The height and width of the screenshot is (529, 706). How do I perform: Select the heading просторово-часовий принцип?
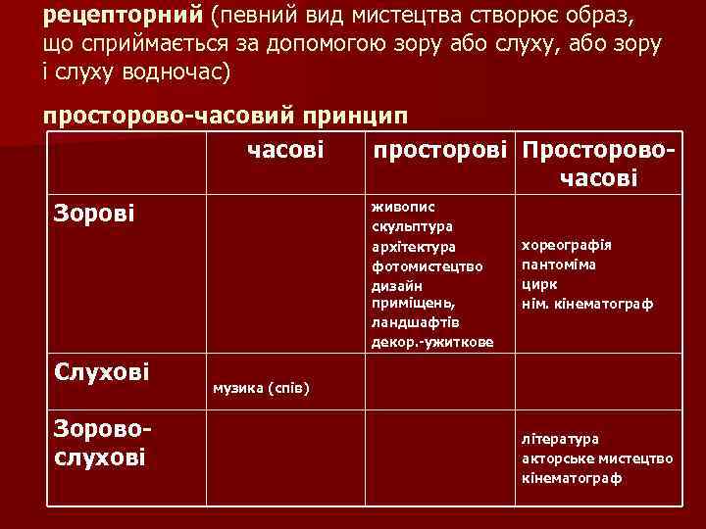pos(225,116)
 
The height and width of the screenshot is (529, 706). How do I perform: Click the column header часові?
pos(285,151)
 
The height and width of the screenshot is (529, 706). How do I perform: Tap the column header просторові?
pos(438,151)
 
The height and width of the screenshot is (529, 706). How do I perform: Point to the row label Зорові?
pos(95,212)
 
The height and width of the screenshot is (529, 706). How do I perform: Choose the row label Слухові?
pos(103,371)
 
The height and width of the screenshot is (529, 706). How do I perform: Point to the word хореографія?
pos(567,245)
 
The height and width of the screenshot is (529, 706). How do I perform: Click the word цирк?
pos(539,284)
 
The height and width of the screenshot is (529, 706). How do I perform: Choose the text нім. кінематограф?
pos(587,304)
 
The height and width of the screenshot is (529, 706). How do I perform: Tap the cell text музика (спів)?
pos(261,389)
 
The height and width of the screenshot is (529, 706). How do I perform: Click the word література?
pos(561,439)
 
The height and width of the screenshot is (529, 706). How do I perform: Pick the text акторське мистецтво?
pos(597,458)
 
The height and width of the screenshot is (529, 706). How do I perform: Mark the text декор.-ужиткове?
pos(432,342)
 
